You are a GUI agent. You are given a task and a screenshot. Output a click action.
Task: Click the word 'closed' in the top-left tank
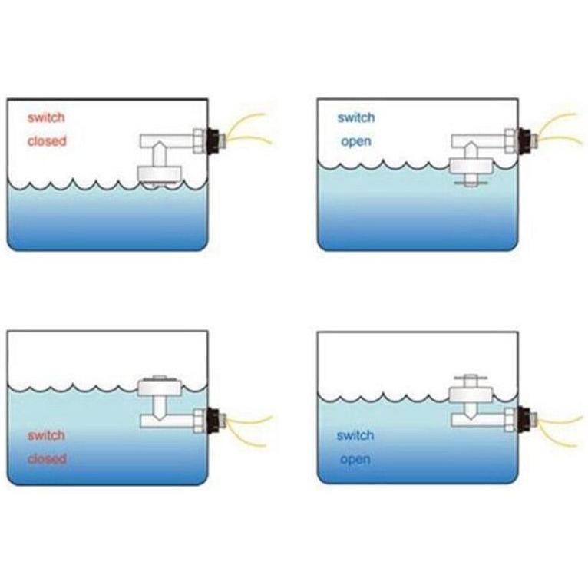pos(47,141)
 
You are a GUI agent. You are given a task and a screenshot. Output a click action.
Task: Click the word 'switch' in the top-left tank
pos(46,117)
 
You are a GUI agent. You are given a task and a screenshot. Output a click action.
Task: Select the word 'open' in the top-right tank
pos(356,142)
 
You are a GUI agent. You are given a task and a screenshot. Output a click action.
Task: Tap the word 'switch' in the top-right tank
pos(356,117)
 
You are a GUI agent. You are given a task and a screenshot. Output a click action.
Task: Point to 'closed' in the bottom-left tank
pos(47,458)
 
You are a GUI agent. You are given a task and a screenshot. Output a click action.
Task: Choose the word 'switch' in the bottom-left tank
pos(46,435)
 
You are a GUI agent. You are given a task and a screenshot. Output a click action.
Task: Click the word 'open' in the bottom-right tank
pos(355,460)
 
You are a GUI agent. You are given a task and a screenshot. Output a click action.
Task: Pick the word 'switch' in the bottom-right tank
pos(355,435)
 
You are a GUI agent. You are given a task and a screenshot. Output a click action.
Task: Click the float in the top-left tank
pos(160,173)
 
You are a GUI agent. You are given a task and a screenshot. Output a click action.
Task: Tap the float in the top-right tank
pos(471,166)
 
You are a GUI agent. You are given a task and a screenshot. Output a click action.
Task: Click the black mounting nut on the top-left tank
pos(213,140)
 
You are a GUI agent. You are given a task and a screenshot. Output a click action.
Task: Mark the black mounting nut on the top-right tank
pos(524,140)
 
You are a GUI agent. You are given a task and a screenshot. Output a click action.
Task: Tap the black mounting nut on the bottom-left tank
pos(213,421)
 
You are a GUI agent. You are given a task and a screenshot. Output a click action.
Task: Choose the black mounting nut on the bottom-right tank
pos(524,419)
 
